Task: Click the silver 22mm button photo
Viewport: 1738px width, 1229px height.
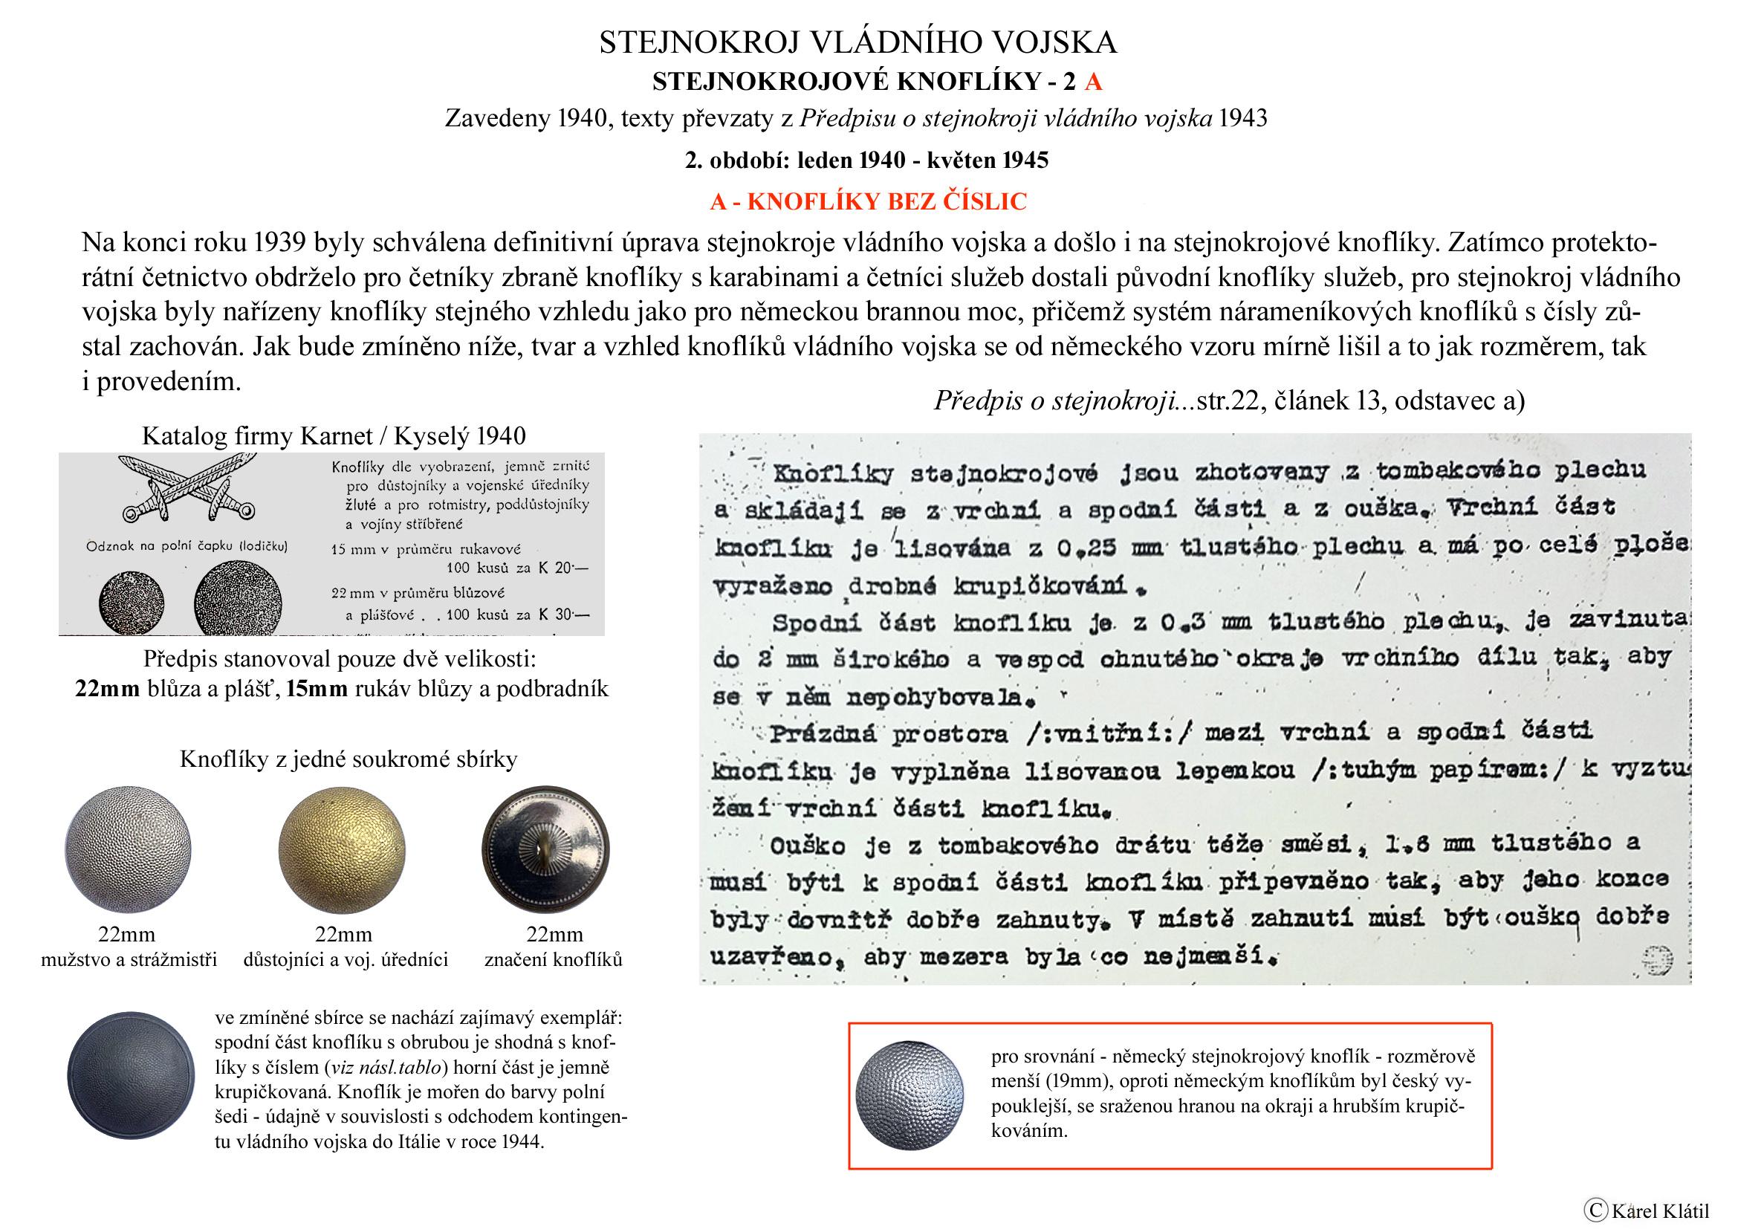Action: (129, 847)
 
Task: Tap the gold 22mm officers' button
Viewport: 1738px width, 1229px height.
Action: (341, 847)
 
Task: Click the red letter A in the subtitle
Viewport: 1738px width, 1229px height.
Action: (1093, 82)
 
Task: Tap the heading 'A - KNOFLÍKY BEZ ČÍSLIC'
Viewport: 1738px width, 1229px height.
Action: (868, 201)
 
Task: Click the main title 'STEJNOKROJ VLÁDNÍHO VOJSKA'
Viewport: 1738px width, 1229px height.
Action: (857, 43)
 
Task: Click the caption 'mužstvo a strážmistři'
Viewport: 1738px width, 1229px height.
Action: (129, 959)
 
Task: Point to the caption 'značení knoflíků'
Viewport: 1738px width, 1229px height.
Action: (554, 959)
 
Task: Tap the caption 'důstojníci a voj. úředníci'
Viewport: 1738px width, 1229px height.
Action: (346, 959)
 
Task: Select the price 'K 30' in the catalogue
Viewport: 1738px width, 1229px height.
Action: (562, 614)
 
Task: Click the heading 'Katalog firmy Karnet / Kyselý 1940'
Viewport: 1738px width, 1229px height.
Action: (334, 436)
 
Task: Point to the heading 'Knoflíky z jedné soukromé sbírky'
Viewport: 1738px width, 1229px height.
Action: (348, 759)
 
